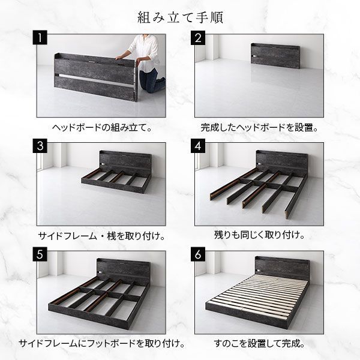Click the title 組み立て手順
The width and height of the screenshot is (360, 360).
[179, 16]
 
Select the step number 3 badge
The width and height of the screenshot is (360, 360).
[40, 146]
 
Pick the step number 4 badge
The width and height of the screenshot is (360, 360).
[199, 146]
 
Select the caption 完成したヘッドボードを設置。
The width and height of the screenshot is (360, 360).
[259, 127]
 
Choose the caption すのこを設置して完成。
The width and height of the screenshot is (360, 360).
[259, 344]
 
